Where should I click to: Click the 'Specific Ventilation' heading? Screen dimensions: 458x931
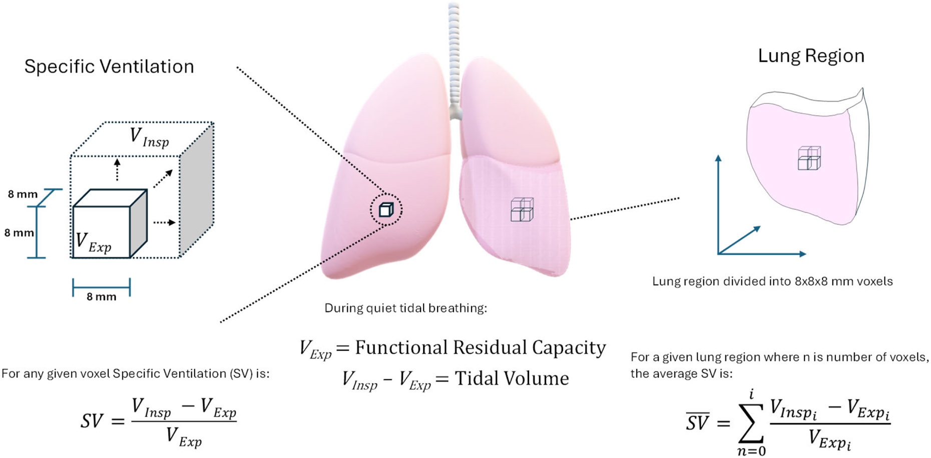pos(109,67)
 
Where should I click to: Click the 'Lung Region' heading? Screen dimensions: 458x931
pos(811,56)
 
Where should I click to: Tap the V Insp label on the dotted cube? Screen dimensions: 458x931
pos(149,138)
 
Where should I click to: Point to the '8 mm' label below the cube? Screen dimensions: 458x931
pos(101,297)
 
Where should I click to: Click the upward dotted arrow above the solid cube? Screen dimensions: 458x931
pos(117,169)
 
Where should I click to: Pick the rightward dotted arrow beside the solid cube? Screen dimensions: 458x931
pos(165,222)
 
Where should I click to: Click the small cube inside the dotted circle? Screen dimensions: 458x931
pos(386,209)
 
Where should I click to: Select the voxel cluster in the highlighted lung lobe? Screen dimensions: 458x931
pos(522,210)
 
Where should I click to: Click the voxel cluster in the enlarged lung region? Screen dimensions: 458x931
pos(809,158)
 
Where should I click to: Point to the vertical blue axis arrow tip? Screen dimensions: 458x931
pos(718,158)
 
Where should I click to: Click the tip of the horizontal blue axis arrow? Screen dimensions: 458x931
pos(803,254)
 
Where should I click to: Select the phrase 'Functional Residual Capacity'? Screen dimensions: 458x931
pos(480,347)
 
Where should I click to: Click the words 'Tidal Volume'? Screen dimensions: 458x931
pos(512,378)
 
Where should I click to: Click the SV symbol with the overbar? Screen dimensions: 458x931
pos(698,422)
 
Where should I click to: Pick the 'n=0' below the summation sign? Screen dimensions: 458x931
pos(751,451)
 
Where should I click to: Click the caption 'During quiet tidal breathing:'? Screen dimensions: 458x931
pos(405,308)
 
